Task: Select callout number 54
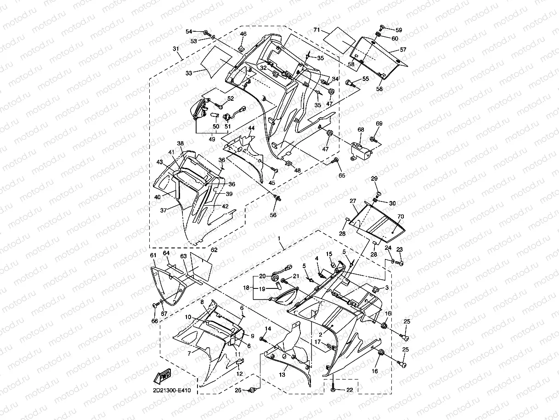(188, 31)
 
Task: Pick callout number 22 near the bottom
(350, 390)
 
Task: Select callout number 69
(379, 123)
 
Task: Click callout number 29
(374, 178)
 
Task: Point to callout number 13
(282, 375)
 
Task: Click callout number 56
(274, 214)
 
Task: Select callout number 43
(159, 162)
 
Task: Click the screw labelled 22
(333, 390)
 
